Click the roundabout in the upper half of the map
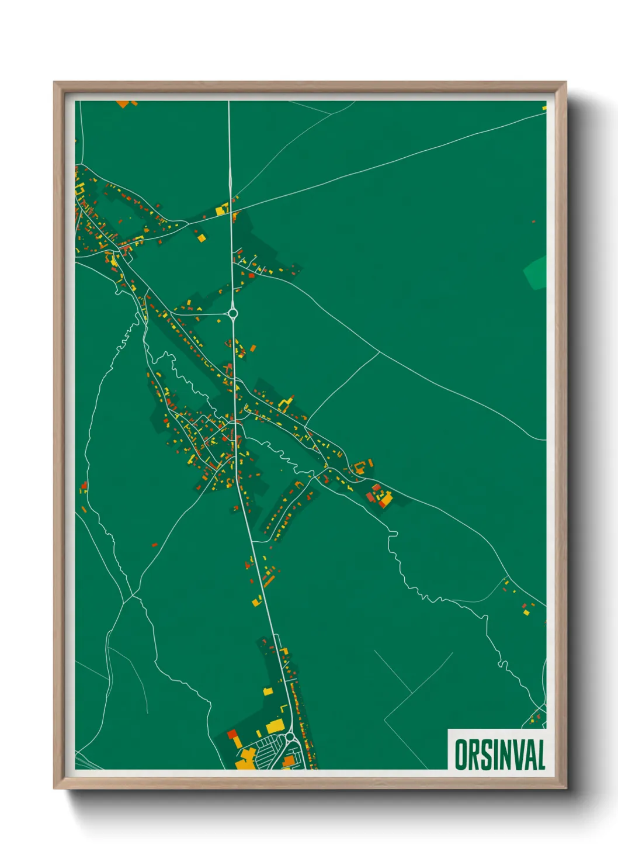233,314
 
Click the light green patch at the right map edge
536,272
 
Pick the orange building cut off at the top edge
123,104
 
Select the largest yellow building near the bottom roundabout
275,726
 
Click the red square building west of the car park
232,734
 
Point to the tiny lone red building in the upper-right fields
533,222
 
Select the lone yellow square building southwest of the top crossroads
201,238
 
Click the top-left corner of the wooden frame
54,82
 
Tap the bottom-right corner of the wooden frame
565,788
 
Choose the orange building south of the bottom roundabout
288,760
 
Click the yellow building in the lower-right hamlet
526,612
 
